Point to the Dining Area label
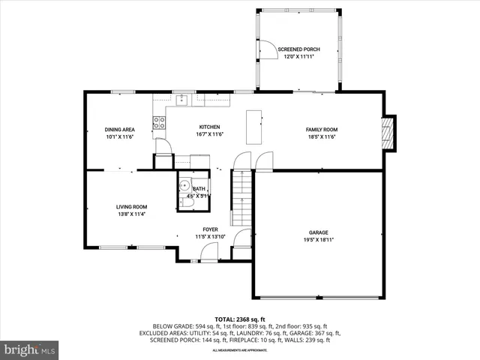(x=119, y=130)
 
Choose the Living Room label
(x=131, y=207)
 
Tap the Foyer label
(x=210, y=229)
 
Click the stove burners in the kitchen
(x=159, y=123)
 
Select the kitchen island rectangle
(x=254, y=128)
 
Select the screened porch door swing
(x=265, y=49)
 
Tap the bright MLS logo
(x=30, y=349)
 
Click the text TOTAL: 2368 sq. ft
(x=240, y=319)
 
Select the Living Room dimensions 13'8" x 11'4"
(x=131, y=214)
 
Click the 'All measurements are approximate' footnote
(x=240, y=350)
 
